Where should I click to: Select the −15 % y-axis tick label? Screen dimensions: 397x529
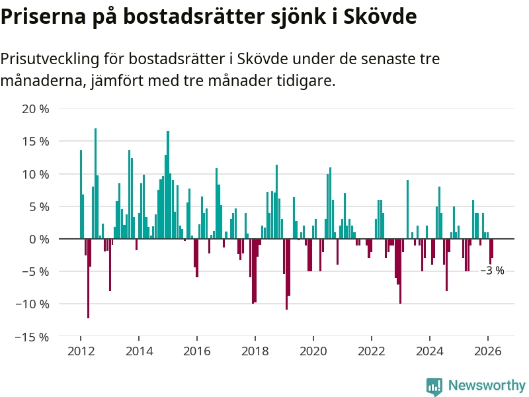pos(32,337)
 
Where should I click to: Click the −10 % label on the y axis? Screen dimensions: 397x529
pos(32,304)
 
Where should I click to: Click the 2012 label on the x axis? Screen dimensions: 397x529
pos(80,351)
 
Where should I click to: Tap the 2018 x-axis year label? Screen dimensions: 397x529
pos(255,351)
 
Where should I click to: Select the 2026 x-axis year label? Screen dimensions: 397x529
pos(487,351)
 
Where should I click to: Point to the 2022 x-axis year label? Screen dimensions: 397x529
pos(371,351)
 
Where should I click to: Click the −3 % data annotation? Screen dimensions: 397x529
pos(492,271)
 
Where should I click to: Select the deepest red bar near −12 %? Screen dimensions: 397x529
pos(88,278)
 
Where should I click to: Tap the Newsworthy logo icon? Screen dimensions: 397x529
pos(434,386)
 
